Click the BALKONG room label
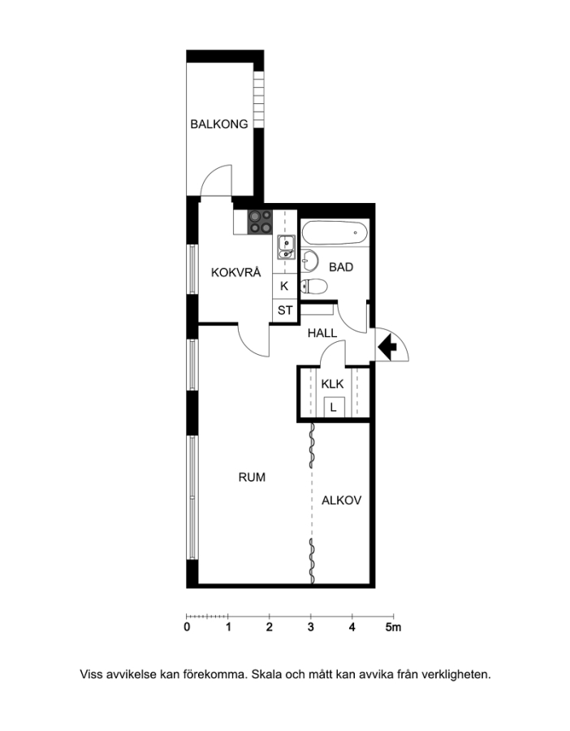(219, 124)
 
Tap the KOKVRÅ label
(235, 272)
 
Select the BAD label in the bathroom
(341, 267)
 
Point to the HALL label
(322, 333)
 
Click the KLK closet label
(332, 384)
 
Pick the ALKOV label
(342, 500)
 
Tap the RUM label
(252, 478)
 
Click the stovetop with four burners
(260, 222)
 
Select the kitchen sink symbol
(286, 247)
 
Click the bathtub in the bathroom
(335, 232)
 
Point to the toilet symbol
(313, 286)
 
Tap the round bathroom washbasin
(309, 260)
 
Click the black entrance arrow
(386, 347)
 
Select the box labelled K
(285, 286)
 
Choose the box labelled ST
(285, 310)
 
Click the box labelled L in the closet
(334, 407)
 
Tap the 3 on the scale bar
(311, 628)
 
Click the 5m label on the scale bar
(393, 628)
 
